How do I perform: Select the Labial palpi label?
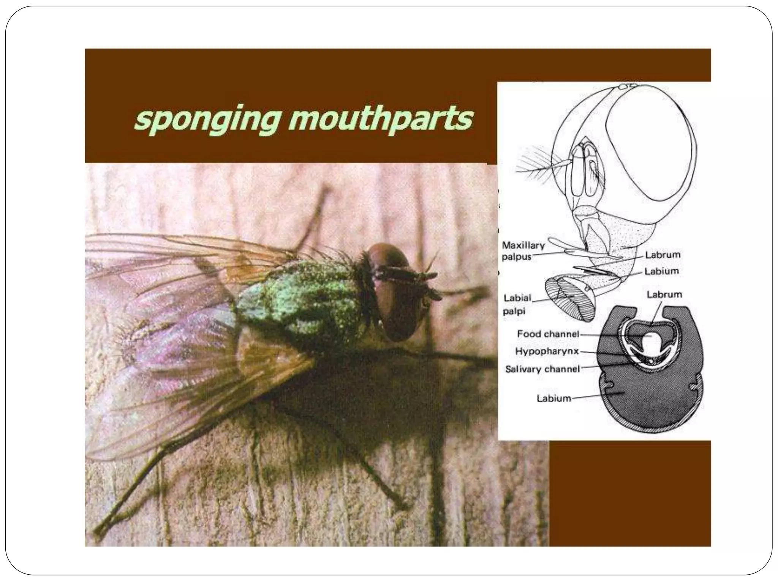click(517, 304)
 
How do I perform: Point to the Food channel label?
click(548, 334)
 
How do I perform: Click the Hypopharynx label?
click(547, 351)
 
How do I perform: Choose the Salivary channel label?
click(542, 369)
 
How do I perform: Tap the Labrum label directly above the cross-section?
click(664, 294)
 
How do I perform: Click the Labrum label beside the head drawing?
click(663, 255)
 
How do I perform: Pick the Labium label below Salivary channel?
click(553, 398)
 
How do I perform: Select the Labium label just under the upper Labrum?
click(661, 271)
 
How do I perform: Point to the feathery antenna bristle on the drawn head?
click(532, 167)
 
